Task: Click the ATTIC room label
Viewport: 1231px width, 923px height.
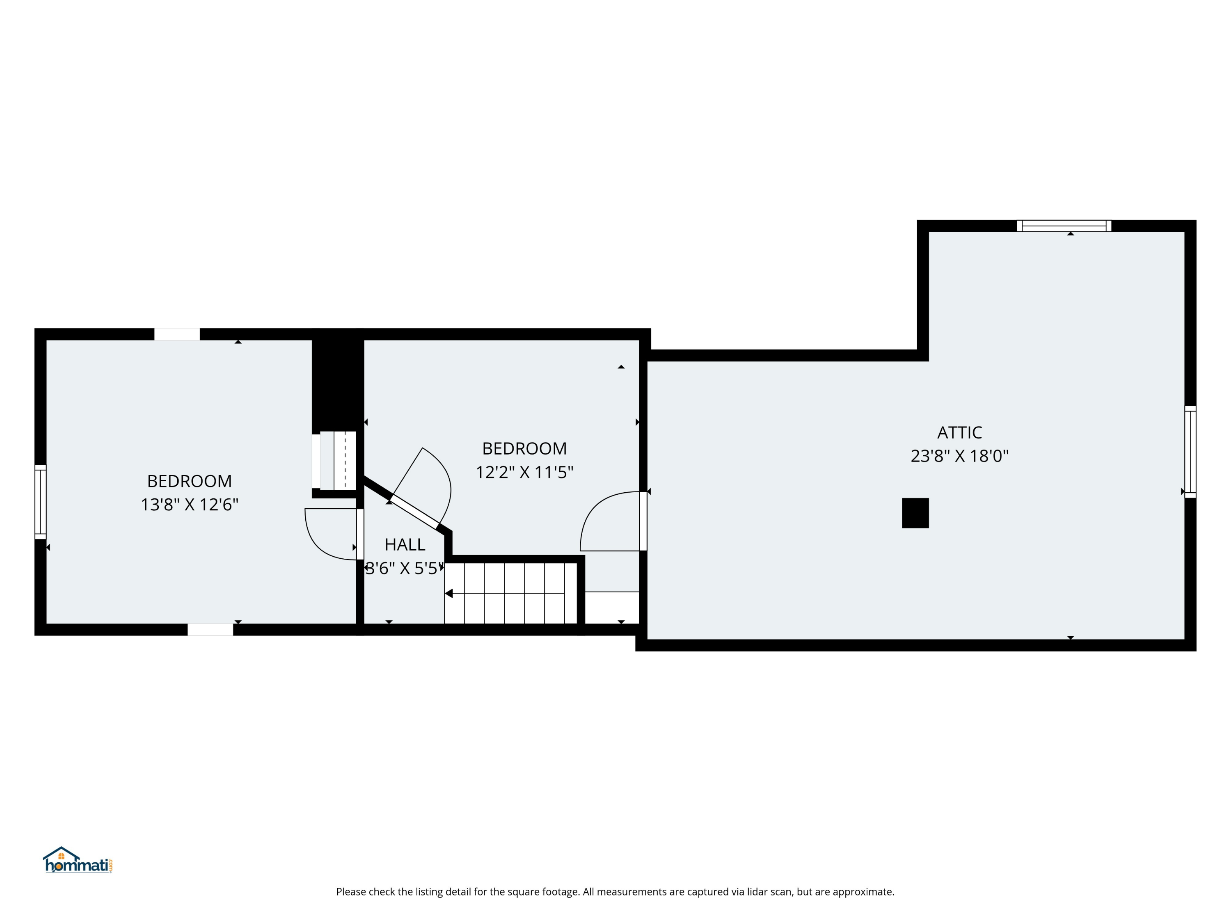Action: point(959,432)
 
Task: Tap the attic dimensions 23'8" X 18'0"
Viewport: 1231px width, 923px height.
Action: point(959,456)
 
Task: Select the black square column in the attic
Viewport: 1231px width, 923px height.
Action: point(915,513)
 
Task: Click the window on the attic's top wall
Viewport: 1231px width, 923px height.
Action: point(1064,226)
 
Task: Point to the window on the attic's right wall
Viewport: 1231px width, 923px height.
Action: point(1190,452)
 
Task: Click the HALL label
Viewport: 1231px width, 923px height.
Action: point(405,544)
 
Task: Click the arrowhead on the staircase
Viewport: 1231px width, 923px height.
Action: point(448,594)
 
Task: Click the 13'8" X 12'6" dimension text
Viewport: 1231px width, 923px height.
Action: point(189,505)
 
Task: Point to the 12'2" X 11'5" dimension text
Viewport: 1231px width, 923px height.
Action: point(524,472)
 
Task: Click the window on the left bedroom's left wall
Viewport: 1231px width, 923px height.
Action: point(41,502)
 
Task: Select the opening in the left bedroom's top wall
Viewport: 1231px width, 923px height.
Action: point(177,334)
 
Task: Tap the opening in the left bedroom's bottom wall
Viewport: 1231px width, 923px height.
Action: point(210,629)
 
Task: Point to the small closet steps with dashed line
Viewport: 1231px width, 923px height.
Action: point(337,461)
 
